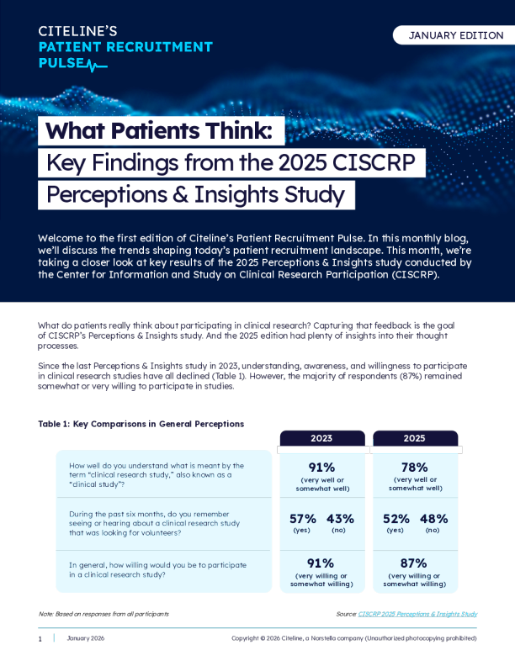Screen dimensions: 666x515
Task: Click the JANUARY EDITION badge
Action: coord(455,35)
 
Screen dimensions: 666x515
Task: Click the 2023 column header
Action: coord(321,438)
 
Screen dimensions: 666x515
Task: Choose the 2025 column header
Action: coord(414,438)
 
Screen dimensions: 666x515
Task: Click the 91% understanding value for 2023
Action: coord(321,468)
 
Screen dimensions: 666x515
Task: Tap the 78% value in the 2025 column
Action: coord(414,468)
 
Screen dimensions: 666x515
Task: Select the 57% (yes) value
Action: coord(303,519)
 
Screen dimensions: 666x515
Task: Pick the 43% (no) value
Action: coord(340,519)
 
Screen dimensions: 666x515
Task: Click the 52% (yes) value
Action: coord(396,519)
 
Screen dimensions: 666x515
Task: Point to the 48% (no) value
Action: coord(433,519)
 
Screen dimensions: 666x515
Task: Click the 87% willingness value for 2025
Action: coord(414,563)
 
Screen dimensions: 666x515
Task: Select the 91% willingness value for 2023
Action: coord(321,563)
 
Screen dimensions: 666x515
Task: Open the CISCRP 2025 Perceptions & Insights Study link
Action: coord(417,614)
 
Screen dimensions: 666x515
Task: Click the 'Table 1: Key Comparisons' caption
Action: coord(141,424)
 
